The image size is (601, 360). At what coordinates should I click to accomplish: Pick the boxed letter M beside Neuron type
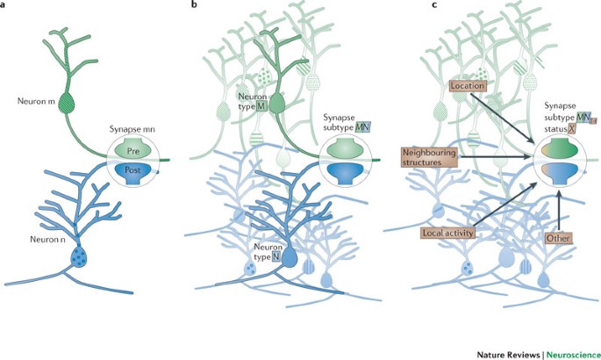coord(261,106)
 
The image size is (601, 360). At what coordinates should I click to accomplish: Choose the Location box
coord(466,86)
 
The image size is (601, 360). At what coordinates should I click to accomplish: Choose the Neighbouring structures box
coord(429,156)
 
